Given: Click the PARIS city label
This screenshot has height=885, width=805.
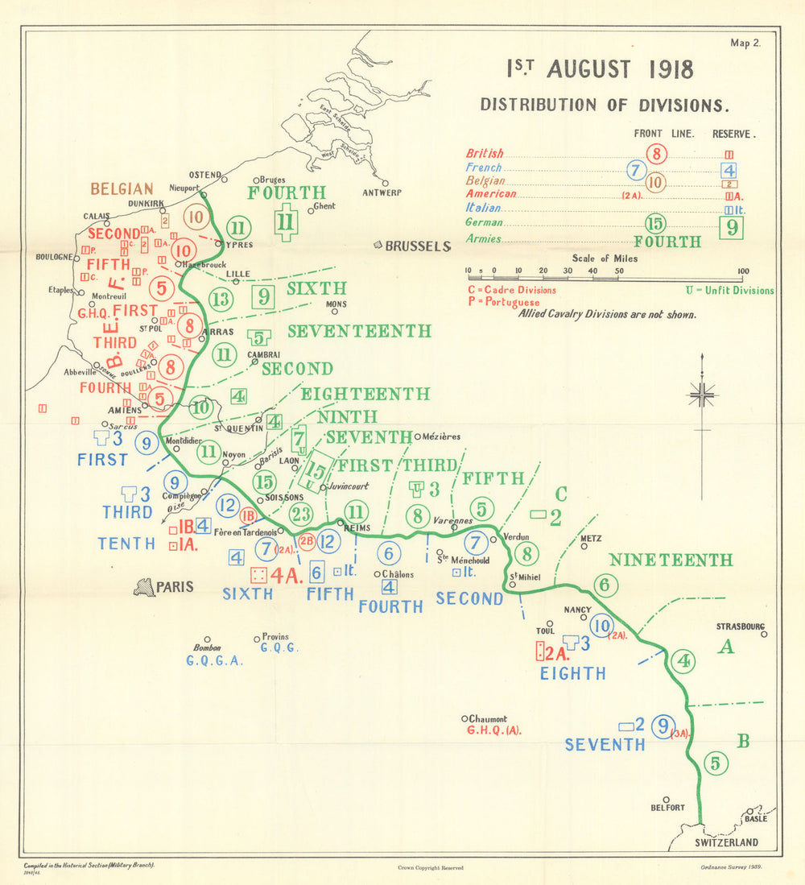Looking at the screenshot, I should pos(175,587).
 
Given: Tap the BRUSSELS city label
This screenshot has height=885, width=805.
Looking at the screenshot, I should pos(419,246).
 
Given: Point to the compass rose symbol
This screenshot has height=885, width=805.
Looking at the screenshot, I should pos(702,393).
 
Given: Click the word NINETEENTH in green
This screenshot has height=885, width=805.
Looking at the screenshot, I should pos(671,560).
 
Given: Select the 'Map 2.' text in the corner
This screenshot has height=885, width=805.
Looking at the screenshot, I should pos(745,44).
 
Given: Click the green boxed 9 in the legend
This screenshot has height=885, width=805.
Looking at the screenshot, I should pos(731,228).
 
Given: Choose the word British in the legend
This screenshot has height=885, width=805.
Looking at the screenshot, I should pos(485,154).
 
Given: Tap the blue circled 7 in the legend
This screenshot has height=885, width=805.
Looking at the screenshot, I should pos(635,169).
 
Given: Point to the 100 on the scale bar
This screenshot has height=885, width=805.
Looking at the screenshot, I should pos(742,271).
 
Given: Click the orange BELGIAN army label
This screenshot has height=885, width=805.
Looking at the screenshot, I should pos(122,189).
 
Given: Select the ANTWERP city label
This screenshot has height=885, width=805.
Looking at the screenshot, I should pos(382,192).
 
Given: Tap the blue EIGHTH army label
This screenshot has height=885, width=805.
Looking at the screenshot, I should pos(572,673).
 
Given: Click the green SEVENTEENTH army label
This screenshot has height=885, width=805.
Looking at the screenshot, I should pos(359,331).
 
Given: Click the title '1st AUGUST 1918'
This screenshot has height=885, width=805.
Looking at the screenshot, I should pos(600,69).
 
